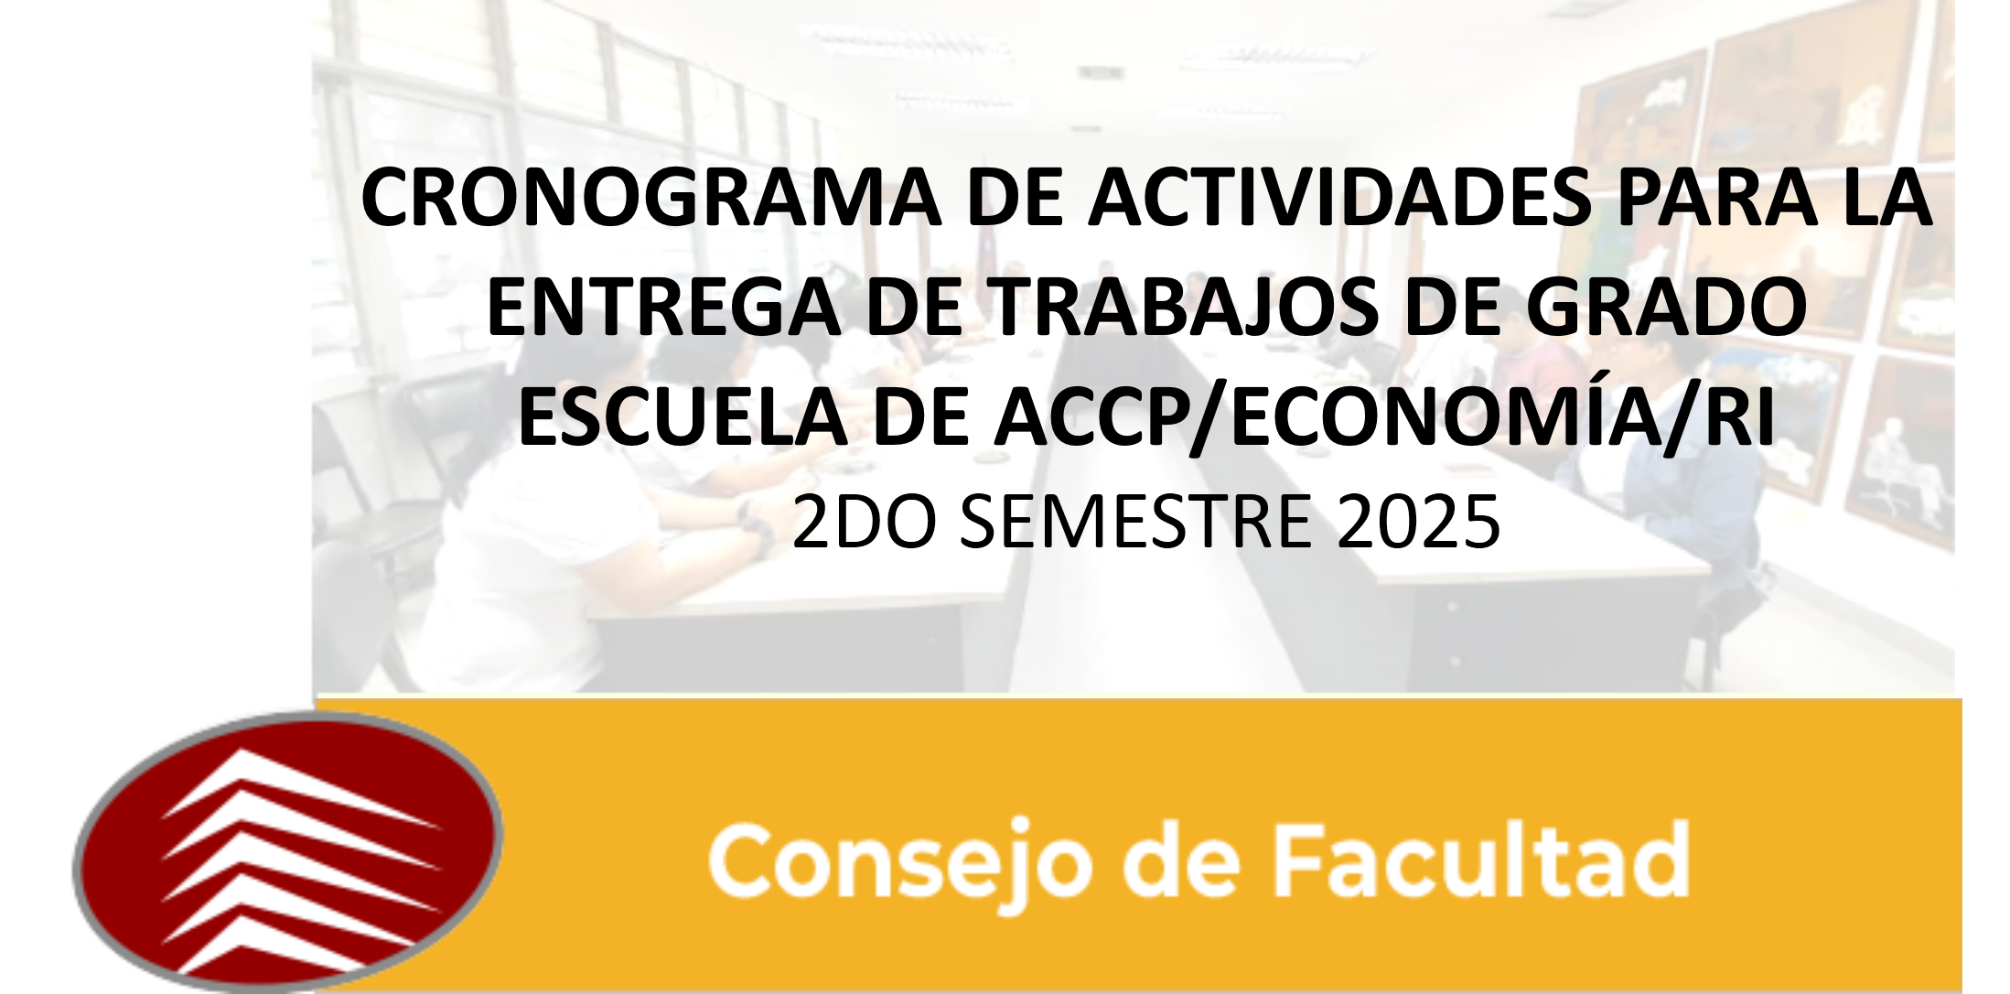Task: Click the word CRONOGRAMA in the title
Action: point(651,199)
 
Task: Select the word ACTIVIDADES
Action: point(1339,199)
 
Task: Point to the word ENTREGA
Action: point(663,308)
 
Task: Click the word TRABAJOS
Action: point(1185,308)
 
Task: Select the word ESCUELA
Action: point(683,417)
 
